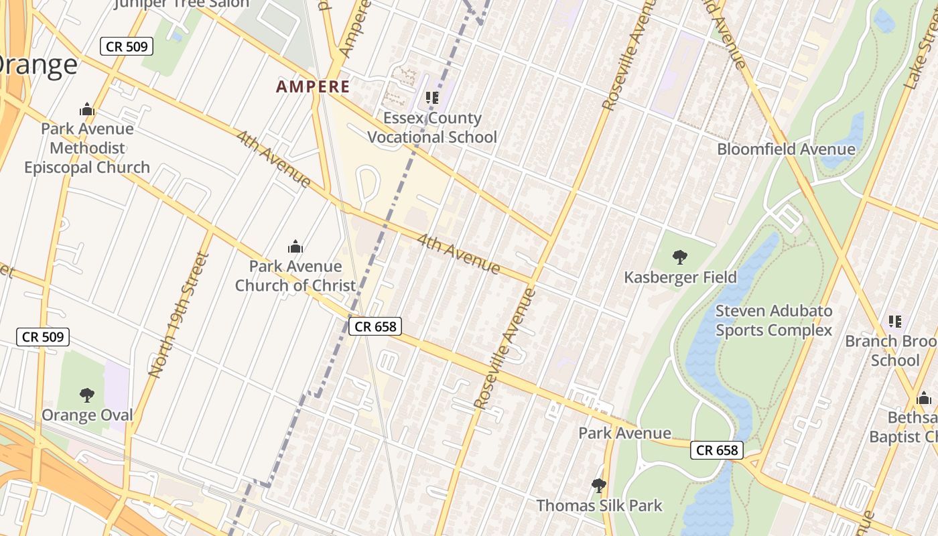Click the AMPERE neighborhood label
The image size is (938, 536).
313,86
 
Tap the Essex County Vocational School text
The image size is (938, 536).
432,127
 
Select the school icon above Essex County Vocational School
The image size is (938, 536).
432,98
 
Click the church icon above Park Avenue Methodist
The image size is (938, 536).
86,109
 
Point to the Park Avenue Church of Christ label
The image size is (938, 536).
295,275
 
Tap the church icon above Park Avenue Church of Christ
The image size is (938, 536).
295,247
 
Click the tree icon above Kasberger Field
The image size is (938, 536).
680,257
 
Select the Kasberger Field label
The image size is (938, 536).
680,277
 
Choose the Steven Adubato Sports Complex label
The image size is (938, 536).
774,320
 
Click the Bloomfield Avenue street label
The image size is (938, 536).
786,149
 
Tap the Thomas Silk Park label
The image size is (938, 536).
599,505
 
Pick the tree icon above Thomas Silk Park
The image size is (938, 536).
599,485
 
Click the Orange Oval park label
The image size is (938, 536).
87,415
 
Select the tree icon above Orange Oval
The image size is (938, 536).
86,395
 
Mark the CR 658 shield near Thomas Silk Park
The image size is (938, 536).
717,450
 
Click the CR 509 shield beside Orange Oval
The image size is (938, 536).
43,336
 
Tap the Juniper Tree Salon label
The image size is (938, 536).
181,3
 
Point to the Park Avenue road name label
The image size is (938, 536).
624,433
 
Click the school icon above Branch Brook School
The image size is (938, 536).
895,322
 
